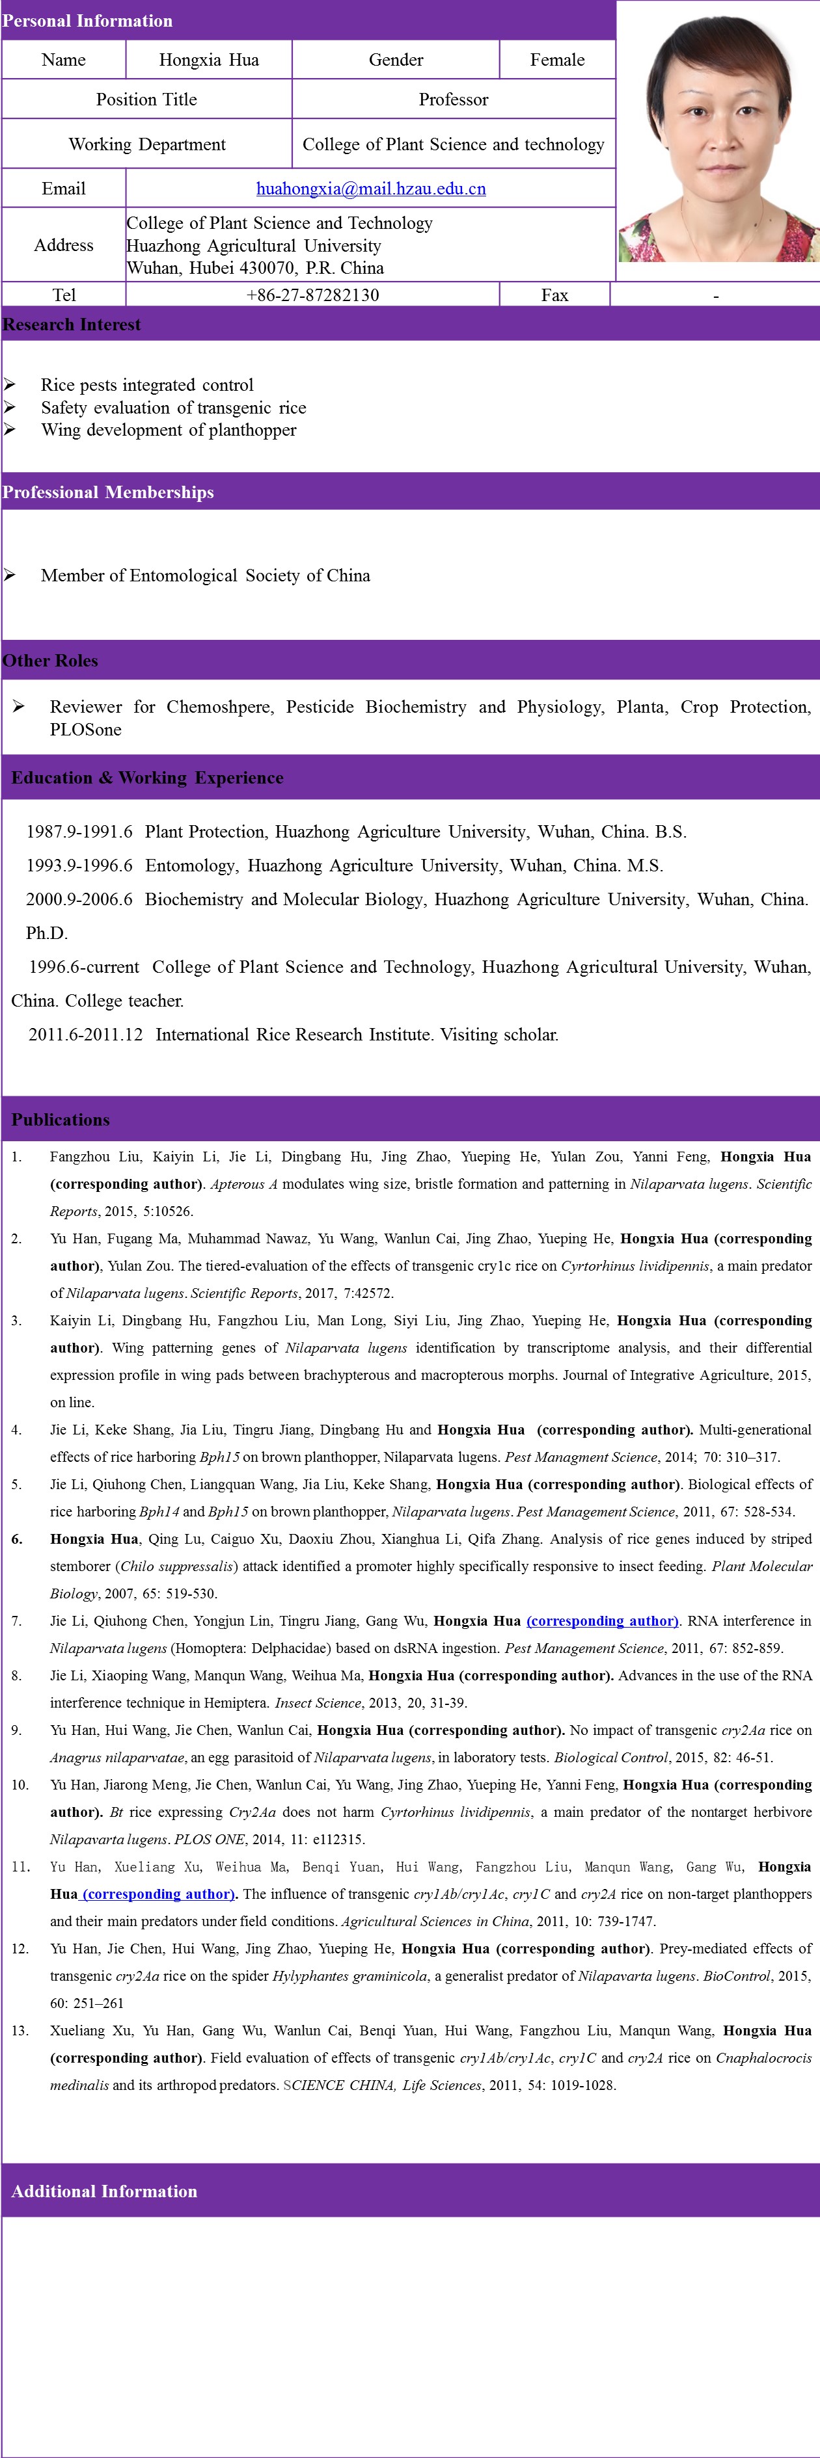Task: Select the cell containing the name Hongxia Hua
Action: [x=209, y=60]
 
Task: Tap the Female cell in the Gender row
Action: [x=558, y=60]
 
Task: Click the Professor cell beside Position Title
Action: [x=454, y=99]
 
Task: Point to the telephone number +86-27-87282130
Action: [x=312, y=295]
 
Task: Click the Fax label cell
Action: [x=554, y=295]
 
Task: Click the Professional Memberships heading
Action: [x=108, y=492]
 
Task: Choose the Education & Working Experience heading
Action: [x=147, y=778]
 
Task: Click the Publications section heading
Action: [x=60, y=1119]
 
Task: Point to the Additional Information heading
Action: [x=104, y=2191]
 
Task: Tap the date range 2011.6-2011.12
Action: [x=85, y=1035]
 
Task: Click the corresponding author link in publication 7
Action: [x=603, y=1620]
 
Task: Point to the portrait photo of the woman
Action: [x=718, y=141]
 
